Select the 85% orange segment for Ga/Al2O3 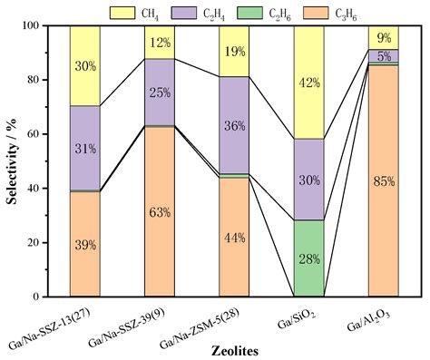click(x=384, y=181)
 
